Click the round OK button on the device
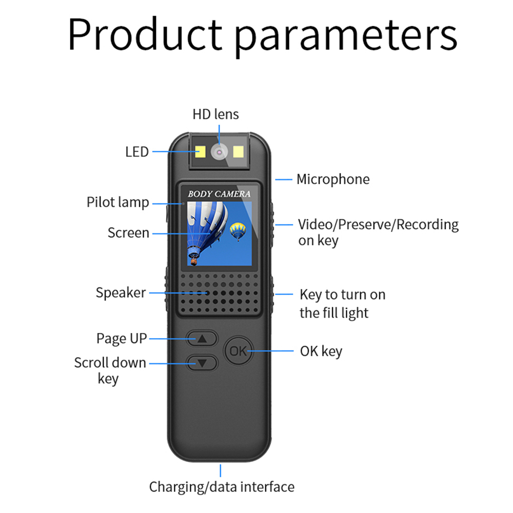click(239, 351)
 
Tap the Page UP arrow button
click(202, 338)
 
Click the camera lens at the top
click(219, 152)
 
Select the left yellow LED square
click(201, 151)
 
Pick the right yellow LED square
click(238, 151)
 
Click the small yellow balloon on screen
click(238, 231)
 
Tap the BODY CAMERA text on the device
click(219, 194)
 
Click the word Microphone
click(333, 179)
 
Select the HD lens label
click(215, 114)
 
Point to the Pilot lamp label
click(118, 203)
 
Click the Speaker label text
click(121, 293)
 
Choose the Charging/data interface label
click(222, 487)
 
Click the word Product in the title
click(145, 34)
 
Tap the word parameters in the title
click(346, 36)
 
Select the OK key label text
click(321, 351)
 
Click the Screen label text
click(128, 233)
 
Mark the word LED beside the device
click(137, 152)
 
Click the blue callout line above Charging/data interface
click(221, 470)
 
